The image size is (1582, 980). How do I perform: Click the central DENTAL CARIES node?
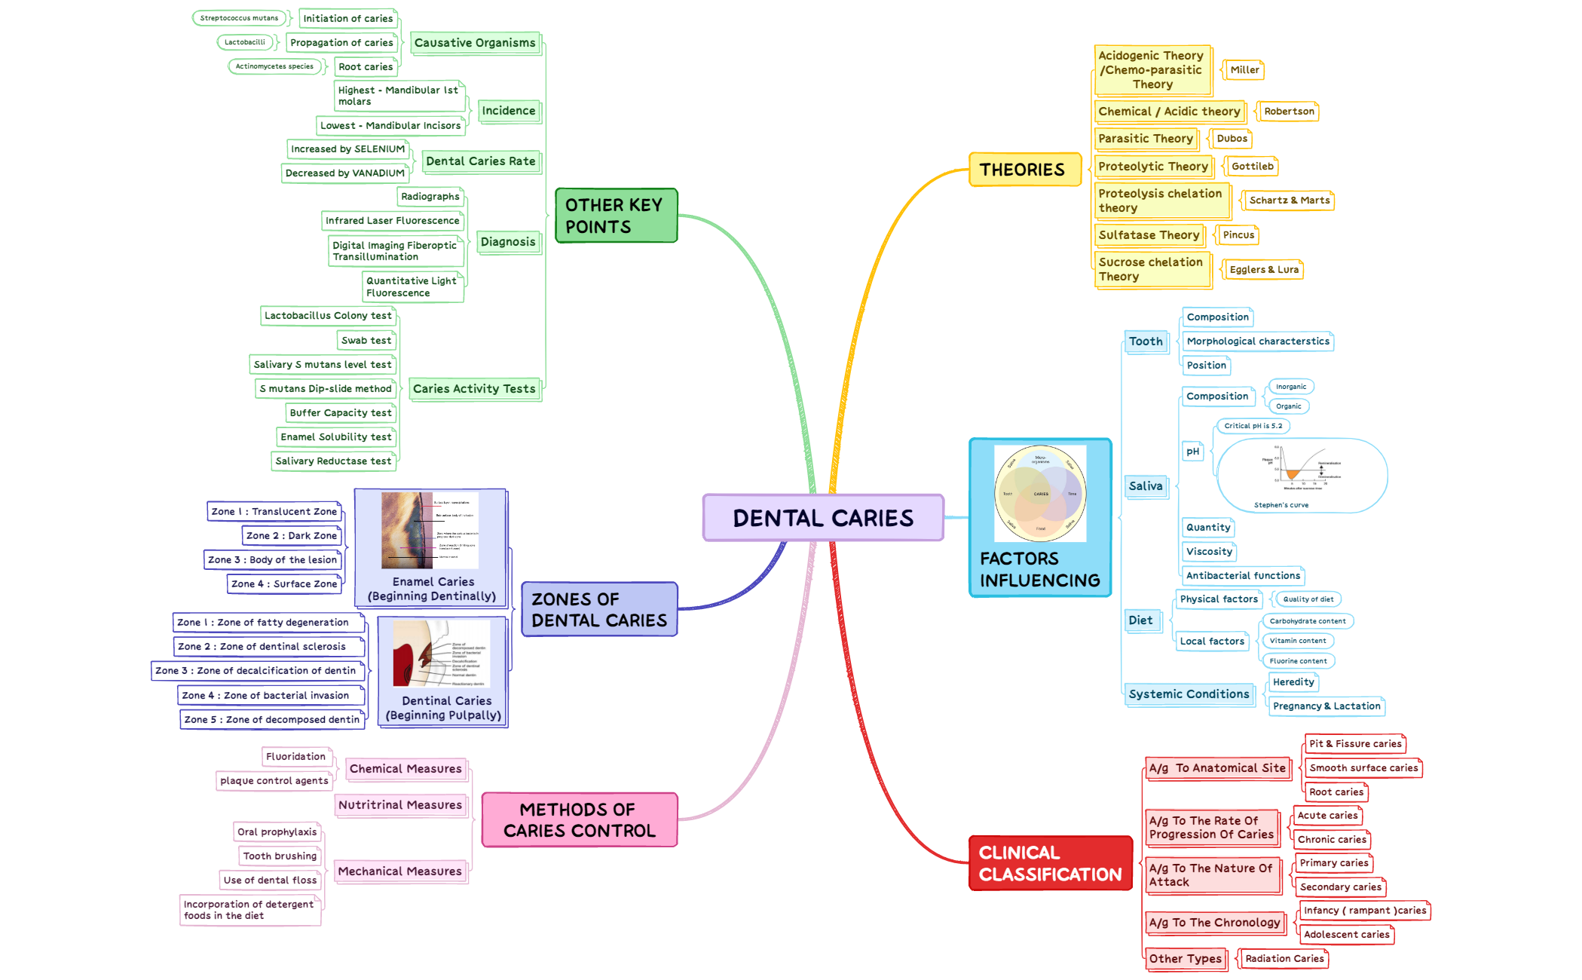pos(823,518)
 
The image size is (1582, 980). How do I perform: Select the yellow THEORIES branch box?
pos(1024,170)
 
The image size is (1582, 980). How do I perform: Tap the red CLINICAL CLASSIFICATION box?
pos(1050,863)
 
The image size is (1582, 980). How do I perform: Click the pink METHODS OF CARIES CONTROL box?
pos(579,820)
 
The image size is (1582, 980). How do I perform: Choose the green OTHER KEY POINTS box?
pos(616,216)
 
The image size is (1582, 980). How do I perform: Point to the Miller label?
pos(1244,70)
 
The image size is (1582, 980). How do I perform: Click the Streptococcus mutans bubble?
pos(239,18)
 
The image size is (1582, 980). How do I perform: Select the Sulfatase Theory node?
pos(1149,235)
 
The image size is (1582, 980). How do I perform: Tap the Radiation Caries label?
pos(1284,959)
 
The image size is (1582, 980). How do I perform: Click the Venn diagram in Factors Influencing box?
pos(1040,493)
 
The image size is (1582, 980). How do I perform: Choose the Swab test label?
pos(366,341)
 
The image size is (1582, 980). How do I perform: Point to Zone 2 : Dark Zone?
pos(292,536)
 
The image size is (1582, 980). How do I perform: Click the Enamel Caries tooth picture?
pos(430,531)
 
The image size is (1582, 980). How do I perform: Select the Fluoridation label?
pos(295,757)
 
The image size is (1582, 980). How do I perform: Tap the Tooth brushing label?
pos(280,856)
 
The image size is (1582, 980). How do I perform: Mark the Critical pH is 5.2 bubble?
pos(1253,426)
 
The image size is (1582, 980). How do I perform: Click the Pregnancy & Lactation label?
pos(1326,706)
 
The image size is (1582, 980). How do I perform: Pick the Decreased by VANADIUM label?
pos(345,173)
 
